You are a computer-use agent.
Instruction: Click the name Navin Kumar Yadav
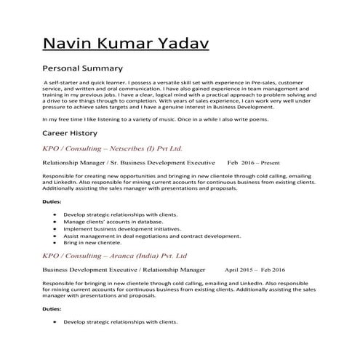(127, 44)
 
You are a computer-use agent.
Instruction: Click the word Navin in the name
(68, 44)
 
